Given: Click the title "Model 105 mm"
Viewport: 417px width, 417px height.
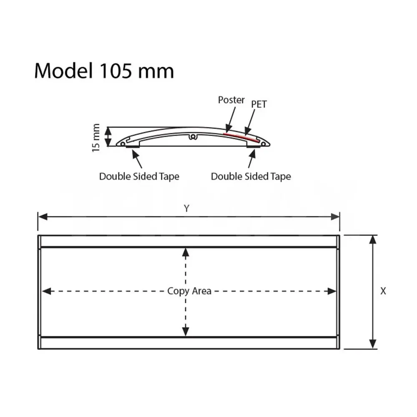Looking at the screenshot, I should coord(104,71).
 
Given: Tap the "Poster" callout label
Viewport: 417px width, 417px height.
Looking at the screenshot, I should coord(231,100).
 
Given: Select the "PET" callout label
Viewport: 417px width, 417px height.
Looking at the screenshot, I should coord(259,104).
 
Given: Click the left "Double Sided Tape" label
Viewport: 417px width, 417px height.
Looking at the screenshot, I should coord(139,176).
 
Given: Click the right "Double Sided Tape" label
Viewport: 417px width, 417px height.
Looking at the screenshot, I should coord(251,176).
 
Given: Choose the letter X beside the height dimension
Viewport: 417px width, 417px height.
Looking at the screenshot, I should coord(383,291).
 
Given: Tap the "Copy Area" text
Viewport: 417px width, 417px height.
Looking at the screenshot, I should coord(189,291).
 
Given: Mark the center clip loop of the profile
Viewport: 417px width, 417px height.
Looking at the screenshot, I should coord(193,136).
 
